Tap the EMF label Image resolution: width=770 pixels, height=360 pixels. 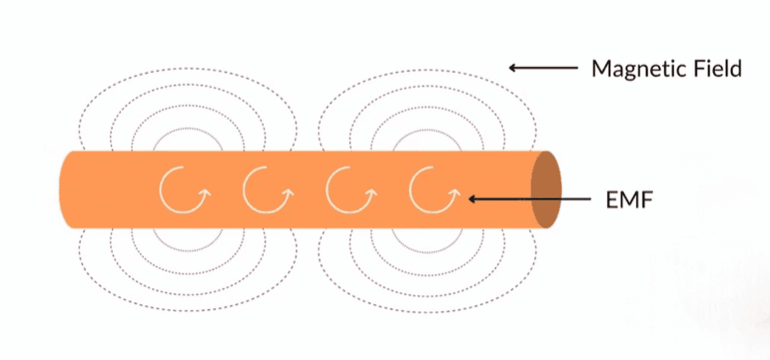pyautogui.click(x=630, y=200)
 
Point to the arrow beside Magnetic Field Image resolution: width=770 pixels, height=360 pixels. pyautogui.click(x=543, y=68)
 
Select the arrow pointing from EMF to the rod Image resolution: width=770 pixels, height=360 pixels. pyautogui.click(x=530, y=199)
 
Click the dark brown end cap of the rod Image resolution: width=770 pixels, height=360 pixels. pyautogui.click(x=546, y=189)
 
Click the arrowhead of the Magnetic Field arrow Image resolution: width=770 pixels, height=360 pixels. pyautogui.click(x=512, y=68)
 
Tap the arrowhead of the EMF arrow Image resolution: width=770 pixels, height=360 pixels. pyautogui.click(x=471, y=199)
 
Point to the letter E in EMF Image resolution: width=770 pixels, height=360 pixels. pyautogui.click(x=612, y=200)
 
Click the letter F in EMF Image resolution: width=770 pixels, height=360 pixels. pyautogui.click(x=648, y=200)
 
